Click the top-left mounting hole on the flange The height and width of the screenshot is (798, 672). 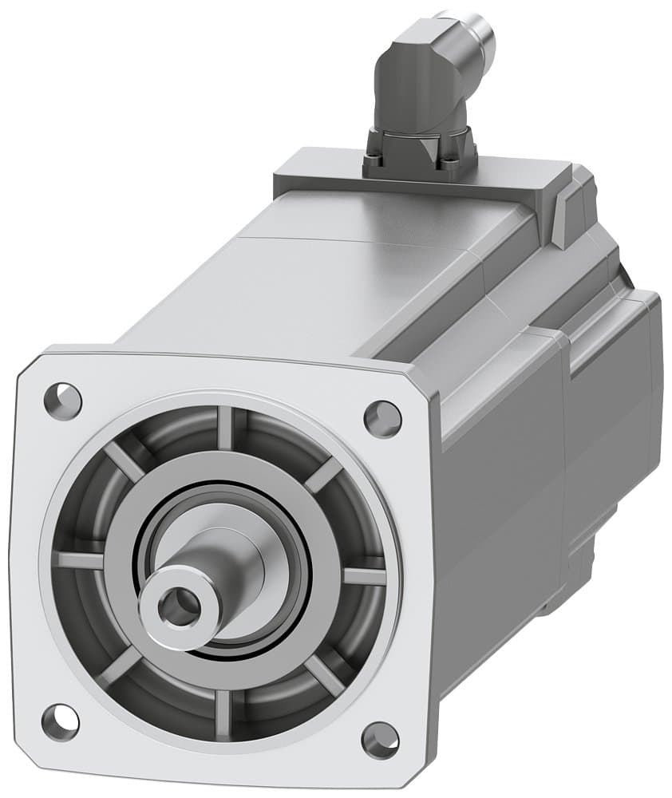(62, 395)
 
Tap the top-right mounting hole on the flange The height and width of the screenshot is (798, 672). (381, 415)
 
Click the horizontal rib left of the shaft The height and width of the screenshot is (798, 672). (80, 560)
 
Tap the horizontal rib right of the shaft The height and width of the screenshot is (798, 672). (364, 576)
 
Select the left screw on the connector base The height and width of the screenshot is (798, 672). (374, 164)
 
